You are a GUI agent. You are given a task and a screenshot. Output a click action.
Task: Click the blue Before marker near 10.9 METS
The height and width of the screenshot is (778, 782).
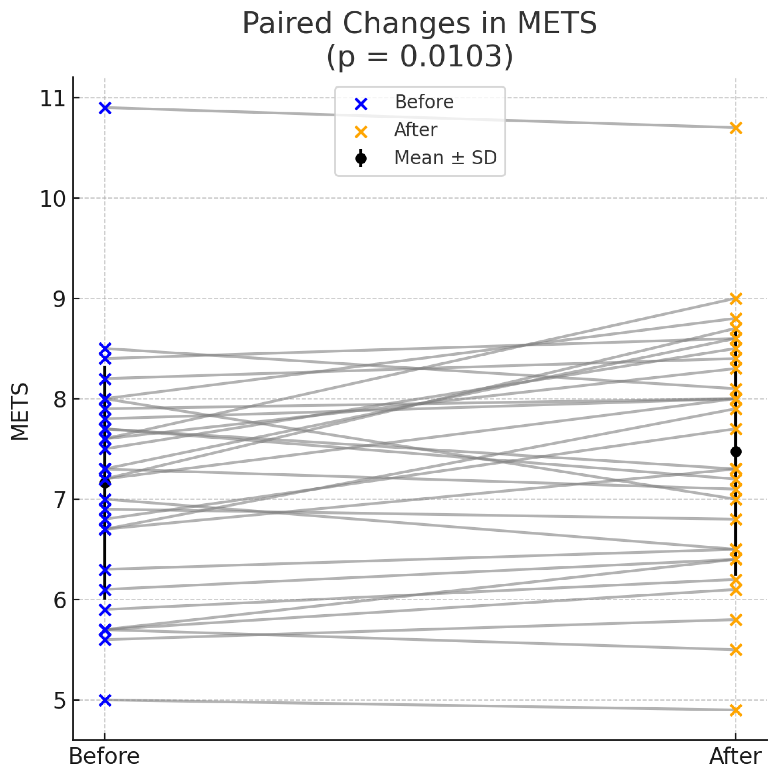[x=105, y=108]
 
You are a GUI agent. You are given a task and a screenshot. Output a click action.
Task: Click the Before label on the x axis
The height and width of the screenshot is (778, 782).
[x=104, y=756]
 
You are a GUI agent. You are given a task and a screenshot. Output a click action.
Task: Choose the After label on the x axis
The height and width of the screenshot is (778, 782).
[x=735, y=756]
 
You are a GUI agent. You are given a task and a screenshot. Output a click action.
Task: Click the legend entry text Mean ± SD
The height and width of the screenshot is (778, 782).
[x=445, y=158]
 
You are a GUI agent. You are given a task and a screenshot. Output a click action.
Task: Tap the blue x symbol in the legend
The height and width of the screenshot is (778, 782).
[x=361, y=104]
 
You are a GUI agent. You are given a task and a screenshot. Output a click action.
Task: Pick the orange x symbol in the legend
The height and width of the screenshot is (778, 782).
[x=361, y=132]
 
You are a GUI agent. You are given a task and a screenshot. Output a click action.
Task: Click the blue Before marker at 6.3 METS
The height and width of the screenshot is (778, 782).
[x=105, y=570]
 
